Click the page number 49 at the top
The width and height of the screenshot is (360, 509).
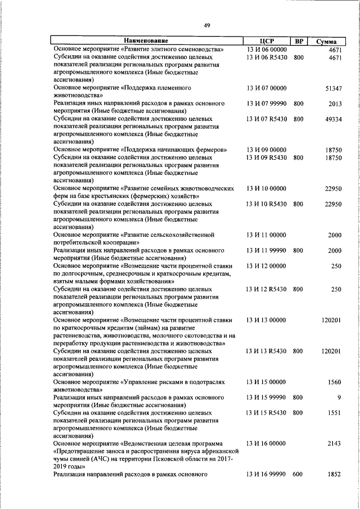207,25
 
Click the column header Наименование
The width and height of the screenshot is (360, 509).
146,41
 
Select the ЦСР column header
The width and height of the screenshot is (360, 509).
267,41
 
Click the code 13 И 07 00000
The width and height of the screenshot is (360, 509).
267,88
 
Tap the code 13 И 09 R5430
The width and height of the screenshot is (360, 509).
267,158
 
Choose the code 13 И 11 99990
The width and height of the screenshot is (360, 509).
267,250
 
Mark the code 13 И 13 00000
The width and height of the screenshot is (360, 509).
267,319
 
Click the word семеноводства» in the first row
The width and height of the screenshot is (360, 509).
202,49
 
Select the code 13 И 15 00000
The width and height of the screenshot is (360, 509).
267,382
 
